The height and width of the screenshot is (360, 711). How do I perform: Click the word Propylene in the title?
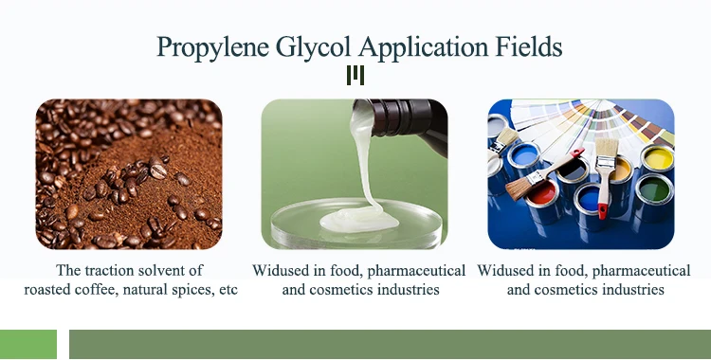[213, 47]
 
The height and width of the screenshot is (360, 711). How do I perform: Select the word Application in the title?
[423, 47]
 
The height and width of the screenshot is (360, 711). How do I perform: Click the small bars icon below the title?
[355, 75]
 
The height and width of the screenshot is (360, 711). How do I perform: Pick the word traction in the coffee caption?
[109, 270]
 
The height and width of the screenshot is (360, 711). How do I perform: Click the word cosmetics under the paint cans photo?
[567, 289]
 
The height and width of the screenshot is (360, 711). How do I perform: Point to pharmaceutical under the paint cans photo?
[641, 271]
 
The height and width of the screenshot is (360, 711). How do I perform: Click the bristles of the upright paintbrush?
[607, 148]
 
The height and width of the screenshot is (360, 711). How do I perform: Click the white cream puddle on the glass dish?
[359, 222]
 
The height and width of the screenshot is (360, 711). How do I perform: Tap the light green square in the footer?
[28, 344]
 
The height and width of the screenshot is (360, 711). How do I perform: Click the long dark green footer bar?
[390, 344]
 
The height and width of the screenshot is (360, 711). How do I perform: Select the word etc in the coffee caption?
[228, 290]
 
